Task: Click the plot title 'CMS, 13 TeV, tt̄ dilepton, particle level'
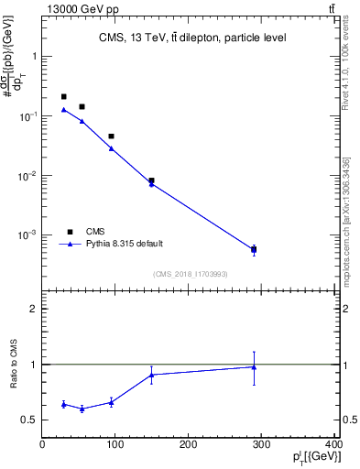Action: tap(192, 38)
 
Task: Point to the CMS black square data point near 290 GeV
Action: tap(254, 249)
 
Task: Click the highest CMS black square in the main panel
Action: tap(63, 96)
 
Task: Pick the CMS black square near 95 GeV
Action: tap(111, 136)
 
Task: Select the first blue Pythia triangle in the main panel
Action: tap(63, 110)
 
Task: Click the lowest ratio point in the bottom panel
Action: tap(82, 409)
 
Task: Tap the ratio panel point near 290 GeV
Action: tap(254, 366)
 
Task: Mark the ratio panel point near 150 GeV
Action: tap(151, 374)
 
